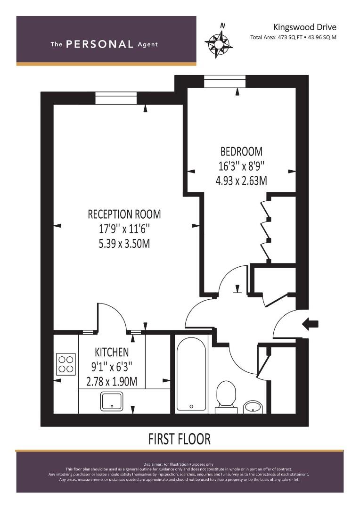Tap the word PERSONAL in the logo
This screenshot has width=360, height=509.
tap(99, 44)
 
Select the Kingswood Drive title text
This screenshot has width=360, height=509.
tap(304, 27)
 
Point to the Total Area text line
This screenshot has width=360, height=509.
tap(293, 37)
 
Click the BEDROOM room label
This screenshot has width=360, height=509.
tap(241, 151)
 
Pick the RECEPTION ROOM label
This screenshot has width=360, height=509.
tap(124, 214)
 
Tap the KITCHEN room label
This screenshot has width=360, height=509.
tap(112, 352)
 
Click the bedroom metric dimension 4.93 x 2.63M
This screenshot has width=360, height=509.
tap(241, 181)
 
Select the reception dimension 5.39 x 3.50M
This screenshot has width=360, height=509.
tap(124, 244)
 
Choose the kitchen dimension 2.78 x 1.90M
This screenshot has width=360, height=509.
tap(112, 381)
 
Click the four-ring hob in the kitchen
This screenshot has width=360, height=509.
tap(66, 364)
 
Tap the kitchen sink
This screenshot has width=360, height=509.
tap(112, 401)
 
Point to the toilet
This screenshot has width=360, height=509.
tap(226, 397)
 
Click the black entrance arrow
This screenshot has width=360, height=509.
tap(310, 324)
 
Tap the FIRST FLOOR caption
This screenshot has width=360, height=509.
tap(180, 439)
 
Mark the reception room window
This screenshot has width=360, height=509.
tap(116, 98)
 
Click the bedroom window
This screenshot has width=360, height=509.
tap(225, 82)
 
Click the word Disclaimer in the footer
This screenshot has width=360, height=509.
tap(153, 465)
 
